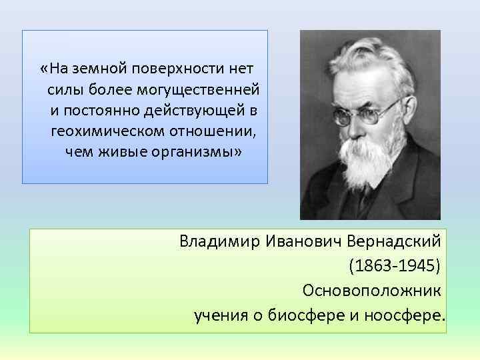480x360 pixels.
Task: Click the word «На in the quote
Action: pos(53,69)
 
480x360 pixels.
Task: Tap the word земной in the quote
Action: pos(96,69)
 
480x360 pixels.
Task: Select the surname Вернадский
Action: pos(395,241)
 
